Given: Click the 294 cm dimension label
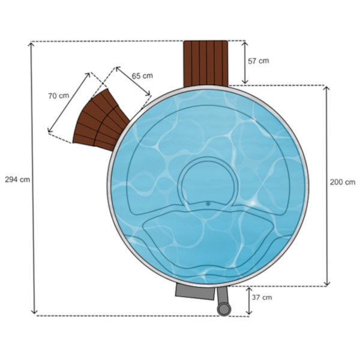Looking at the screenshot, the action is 17,179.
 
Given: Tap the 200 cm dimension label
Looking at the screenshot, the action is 343,182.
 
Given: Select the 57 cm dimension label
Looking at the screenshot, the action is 258,61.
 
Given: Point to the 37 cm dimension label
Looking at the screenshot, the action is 262,298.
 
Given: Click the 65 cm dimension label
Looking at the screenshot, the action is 142,76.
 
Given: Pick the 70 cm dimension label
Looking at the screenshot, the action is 59,96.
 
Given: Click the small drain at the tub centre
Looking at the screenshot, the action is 208,203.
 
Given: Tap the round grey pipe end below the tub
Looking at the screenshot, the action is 224,309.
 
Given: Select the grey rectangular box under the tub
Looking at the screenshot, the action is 195,292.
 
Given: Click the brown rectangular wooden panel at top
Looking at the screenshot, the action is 206,64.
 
